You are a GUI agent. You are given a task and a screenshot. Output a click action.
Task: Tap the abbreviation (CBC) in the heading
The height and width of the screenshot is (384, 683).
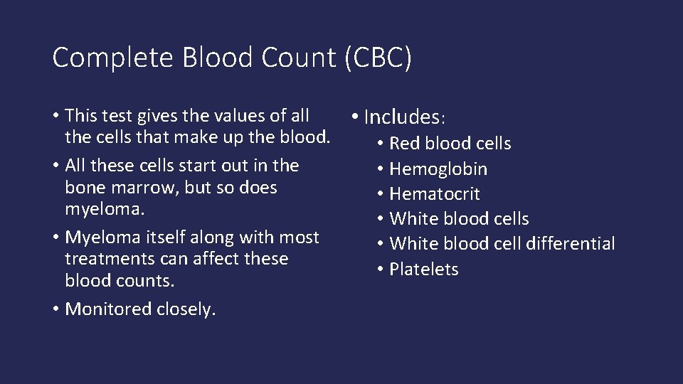tap(377, 58)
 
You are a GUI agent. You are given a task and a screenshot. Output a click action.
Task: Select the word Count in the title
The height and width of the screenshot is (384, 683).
tap(299, 58)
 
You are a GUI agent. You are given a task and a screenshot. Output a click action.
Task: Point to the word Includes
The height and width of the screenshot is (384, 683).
tap(403, 117)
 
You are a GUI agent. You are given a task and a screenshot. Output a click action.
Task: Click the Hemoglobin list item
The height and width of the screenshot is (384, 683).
tap(438, 169)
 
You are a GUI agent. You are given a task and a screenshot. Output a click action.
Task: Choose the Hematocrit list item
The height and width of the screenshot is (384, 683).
tap(435, 194)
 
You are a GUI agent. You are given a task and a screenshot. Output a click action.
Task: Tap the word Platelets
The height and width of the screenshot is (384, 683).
tap(424, 270)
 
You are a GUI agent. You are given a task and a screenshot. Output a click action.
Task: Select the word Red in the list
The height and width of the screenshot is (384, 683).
tap(406, 144)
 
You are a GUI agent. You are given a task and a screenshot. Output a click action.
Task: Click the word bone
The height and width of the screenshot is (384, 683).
tap(81, 188)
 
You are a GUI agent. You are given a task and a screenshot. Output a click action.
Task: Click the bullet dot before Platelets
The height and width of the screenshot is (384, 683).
tap(381, 270)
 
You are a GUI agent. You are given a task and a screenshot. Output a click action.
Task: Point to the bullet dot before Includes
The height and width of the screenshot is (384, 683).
tap(354, 116)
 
